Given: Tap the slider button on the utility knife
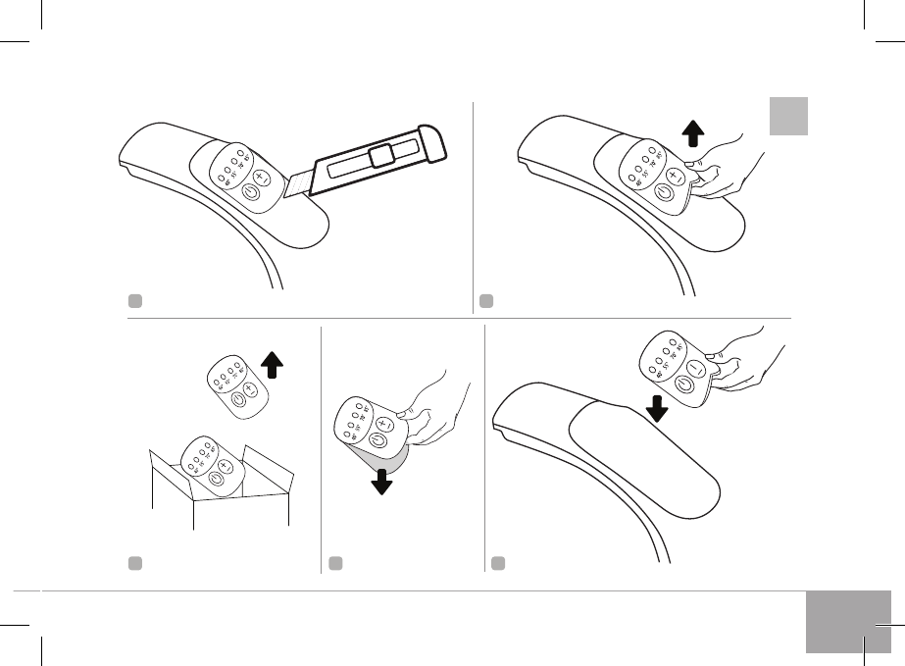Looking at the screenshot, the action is pos(383,154).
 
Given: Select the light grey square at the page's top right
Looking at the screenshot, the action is pos(787,117).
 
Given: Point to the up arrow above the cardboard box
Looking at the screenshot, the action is pos(274,367).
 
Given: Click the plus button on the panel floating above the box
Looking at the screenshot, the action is pos(249,389).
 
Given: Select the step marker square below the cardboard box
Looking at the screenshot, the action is pos(133,563).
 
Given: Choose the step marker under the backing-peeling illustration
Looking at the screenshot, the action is pos(335,563).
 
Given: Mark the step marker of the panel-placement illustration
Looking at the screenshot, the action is pos(499,563).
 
